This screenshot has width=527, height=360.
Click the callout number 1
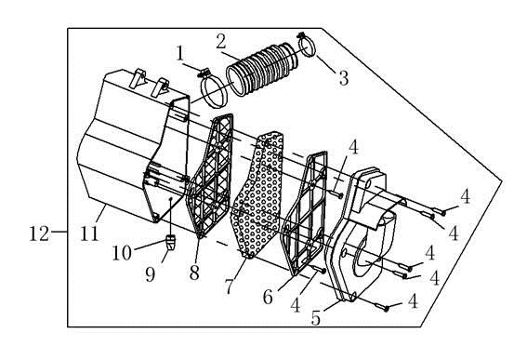coord(180,54)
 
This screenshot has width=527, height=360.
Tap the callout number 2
coord(221,42)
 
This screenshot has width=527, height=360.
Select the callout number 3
coord(344,78)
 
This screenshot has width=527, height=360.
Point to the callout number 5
coord(316,318)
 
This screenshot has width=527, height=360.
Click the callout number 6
coord(268,297)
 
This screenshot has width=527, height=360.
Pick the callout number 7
coord(229,287)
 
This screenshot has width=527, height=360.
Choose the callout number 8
coord(194,273)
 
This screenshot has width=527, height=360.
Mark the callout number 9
coord(151,274)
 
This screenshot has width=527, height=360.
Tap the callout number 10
coord(122,253)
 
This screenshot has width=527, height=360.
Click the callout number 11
coord(89,233)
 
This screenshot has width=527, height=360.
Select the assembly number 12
coord(39,233)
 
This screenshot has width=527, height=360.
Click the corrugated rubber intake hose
coord(262,69)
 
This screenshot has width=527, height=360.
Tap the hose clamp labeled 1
coord(213,89)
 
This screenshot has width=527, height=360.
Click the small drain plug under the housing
coord(171,242)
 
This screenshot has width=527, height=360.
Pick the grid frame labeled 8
coord(210,175)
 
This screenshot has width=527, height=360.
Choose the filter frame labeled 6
coord(304,214)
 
